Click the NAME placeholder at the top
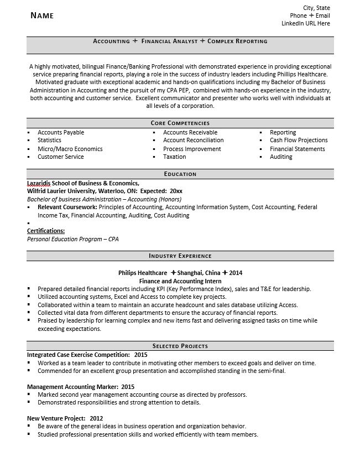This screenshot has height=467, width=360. coord(42,15)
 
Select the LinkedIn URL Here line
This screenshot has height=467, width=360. coord(306,24)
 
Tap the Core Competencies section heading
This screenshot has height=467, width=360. coord(180,123)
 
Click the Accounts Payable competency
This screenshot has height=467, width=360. coord(61,132)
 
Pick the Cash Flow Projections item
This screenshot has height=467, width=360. coord(299,141)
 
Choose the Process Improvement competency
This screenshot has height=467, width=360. coord(192,149)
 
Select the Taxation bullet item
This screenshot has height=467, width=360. coord(175,157)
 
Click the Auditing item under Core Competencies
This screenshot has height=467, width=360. coord(281,157)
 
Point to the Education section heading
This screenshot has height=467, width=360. coord(180,174)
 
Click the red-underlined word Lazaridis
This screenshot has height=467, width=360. coord(39,183)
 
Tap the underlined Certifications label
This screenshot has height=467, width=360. coord(46,231)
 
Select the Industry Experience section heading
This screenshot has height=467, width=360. coord(180,256)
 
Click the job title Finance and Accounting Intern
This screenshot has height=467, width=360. coord(180,281)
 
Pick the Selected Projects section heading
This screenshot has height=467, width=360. coord(180,346)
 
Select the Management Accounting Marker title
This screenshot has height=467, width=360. coord(72,386)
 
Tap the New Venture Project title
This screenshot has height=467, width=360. coord(56,418)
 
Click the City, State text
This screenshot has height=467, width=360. coord(317,8)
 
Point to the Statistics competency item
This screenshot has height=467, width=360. coord(49,141)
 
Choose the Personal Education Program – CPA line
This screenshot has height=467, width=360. coord(72,239)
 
